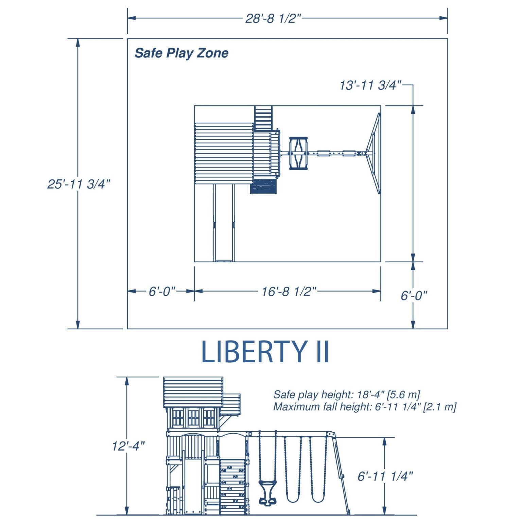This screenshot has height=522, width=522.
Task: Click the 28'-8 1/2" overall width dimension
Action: point(273,18)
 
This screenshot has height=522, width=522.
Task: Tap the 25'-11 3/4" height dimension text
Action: point(79,184)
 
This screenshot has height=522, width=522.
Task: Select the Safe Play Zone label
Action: point(181,53)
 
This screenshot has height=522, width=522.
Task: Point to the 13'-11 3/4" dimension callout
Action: point(370,85)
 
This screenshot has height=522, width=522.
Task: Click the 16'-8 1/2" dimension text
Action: point(289,292)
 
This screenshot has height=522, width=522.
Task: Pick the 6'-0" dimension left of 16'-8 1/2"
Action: point(162,292)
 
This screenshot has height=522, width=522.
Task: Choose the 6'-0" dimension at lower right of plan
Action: point(414,296)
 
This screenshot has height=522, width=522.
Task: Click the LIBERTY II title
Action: point(265,352)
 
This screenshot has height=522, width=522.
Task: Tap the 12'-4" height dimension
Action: point(128,446)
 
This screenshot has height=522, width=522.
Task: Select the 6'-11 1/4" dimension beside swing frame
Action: point(385,476)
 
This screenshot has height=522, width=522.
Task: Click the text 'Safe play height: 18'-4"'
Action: point(329,395)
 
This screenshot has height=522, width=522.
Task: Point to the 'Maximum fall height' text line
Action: point(365,407)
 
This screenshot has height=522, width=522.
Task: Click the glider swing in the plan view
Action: point(298,153)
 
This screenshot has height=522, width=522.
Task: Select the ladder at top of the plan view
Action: point(263,118)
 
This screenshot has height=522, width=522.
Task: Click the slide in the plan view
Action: point(224,223)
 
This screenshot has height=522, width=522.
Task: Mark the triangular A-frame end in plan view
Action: point(373,153)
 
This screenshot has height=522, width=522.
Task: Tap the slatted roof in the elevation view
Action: point(193,393)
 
